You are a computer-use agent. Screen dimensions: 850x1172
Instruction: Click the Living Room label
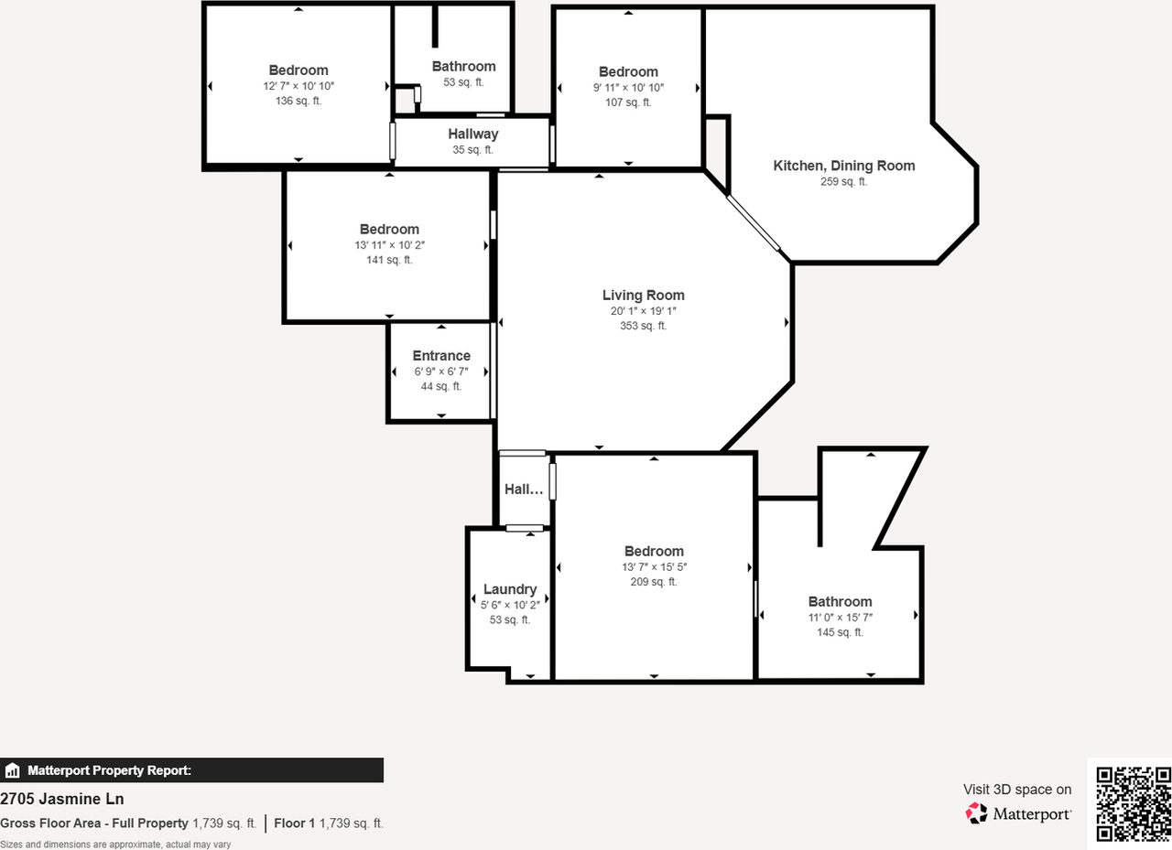click(643, 295)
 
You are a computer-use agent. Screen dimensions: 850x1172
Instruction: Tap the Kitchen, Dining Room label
click(843, 166)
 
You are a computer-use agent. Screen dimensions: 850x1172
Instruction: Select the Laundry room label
click(509, 589)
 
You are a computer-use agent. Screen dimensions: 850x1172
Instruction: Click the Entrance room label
click(441, 356)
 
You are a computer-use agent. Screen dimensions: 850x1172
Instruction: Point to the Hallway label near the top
click(472, 134)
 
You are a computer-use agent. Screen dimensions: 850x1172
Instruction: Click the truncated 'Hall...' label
click(524, 490)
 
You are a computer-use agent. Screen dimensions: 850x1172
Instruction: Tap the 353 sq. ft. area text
click(643, 326)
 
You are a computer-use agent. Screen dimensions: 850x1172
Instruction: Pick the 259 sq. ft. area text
click(843, 181)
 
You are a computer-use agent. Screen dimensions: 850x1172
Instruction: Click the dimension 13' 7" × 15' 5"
click(654, 566)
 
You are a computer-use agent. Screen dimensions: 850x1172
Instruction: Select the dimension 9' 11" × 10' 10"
click(628, 88)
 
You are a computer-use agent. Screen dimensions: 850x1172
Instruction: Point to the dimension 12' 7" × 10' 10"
click(298, 86)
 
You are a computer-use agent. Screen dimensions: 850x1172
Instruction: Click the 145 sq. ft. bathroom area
click(840, 632)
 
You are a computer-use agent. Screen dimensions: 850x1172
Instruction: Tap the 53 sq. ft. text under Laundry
click(509, 619)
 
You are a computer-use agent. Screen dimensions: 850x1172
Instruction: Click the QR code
click(1134, 803)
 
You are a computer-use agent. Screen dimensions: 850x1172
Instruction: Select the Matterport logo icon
click(977, 812)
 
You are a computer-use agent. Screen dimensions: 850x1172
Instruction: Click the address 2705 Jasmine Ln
click(61, 799)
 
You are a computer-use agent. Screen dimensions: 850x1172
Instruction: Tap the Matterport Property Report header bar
click(191, 770)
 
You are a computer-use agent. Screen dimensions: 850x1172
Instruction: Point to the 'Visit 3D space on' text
click(1016, 789)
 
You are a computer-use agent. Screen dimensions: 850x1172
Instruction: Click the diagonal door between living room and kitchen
click(754, 223)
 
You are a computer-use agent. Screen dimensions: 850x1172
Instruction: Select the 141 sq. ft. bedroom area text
click(389, 260)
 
